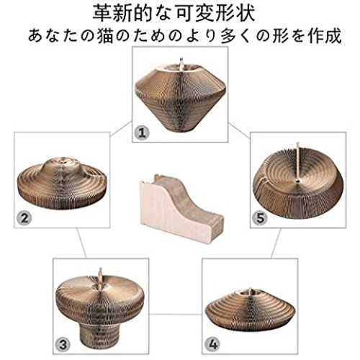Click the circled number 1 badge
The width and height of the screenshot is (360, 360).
coord(142,132)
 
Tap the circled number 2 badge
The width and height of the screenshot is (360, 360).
coord(24,218)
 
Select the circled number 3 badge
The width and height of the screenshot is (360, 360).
coord(63,345)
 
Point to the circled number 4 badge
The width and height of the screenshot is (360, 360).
coord(212,345)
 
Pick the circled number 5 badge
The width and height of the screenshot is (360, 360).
coord(260,218)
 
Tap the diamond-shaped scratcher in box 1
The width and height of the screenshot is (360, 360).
coord(181,96)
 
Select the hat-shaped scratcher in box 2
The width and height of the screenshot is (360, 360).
coord(62,183)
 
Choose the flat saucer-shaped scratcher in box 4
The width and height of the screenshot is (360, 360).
coord(251,310)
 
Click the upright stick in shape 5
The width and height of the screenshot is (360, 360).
coord(298,162)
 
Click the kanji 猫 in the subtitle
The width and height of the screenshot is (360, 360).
coord(105,36)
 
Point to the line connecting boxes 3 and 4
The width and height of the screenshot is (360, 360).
coord(176,314)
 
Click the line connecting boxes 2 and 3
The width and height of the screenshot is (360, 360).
coord(81,243)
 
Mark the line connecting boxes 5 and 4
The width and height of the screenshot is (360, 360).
coord(276,243)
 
